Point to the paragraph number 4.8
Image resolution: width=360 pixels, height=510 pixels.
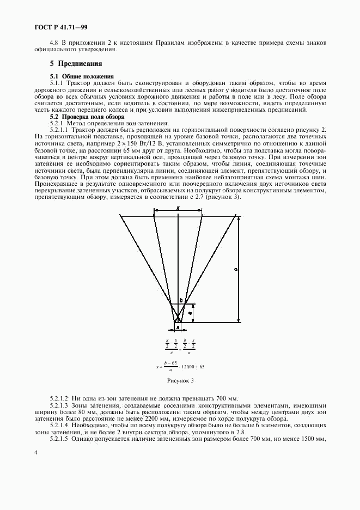(54, 42)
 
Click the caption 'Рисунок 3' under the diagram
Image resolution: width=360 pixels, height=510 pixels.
(180, 380)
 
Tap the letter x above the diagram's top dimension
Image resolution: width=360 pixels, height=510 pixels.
(178, 209)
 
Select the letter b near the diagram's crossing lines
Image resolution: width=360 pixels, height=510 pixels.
(181, 300)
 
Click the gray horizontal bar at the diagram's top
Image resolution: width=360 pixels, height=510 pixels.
(178, 216)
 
